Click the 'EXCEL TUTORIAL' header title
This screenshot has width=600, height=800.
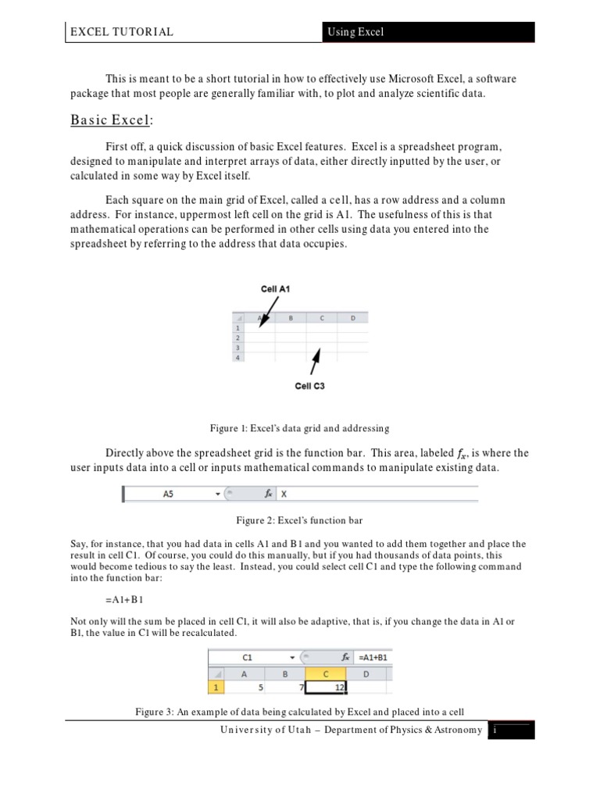[121, 32]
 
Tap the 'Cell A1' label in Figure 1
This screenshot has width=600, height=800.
[276, 289]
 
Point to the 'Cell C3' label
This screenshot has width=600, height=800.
[309, 386]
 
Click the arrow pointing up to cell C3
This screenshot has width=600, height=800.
[315, 361]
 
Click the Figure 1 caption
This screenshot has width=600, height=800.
[299, 428]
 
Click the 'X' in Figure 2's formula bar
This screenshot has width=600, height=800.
[284, 495]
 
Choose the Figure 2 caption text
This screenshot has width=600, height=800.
[299, 520]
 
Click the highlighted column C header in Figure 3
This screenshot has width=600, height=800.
[325, 673]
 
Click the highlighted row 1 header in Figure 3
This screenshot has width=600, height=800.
[216, 688]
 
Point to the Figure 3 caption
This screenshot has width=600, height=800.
[299, 712]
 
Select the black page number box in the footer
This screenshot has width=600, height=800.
[511, 730]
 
